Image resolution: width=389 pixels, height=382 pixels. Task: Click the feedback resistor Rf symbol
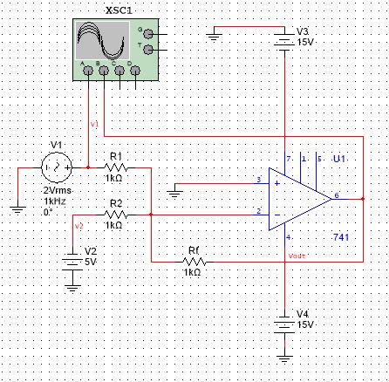[x=194, y=261]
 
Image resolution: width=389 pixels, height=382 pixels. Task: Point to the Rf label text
[x=194, y=250]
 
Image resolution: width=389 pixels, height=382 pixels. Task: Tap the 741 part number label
[x=341, y=237]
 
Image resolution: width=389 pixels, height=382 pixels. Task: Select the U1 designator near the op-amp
[x=339, y=160]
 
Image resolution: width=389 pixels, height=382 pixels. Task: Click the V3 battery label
[x=304, y=30]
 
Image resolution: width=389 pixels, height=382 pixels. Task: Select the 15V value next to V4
[x=305, y=324]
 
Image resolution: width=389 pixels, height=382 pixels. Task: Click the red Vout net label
[x=297, y=256]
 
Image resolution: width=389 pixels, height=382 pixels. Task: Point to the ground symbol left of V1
[x=15, y=208]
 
